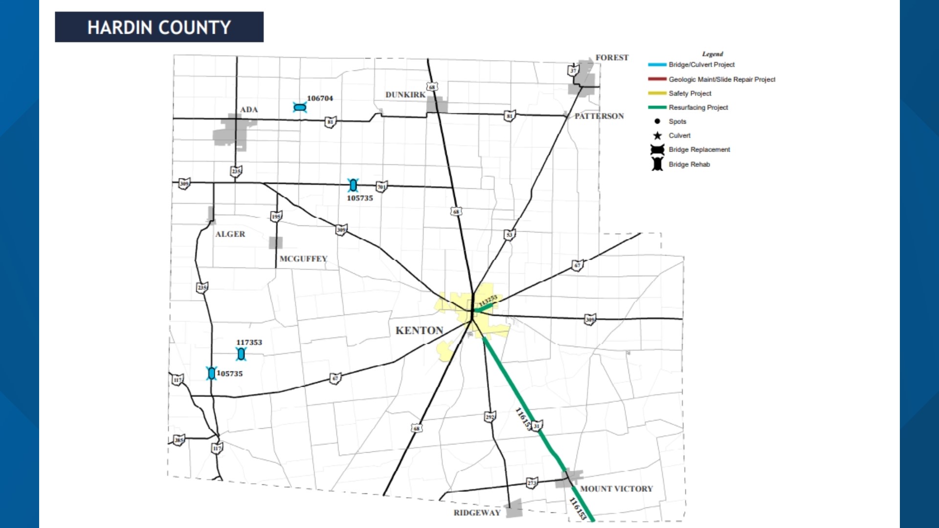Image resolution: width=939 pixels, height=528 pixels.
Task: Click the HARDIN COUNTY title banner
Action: tap(159, 27)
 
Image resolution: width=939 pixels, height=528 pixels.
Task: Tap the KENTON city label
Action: tap(419, 330)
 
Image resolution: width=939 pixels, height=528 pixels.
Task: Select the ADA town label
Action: tap(249, 110)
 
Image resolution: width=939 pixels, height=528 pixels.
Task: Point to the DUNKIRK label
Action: tap(405, 95)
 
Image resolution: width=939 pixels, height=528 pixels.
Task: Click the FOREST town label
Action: tap(612, 58)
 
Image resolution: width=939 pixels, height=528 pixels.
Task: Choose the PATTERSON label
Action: tap(599, 116)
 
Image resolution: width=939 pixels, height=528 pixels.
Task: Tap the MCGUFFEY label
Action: tap(303, 259)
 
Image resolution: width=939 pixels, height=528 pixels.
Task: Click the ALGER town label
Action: tap(230, 234)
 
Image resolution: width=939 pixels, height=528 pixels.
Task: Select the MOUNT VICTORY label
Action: tap(616, 489)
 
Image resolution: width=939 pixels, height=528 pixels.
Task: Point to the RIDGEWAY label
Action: tap(477, 513)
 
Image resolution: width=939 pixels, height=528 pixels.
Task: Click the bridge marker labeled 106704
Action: tap(300, 108)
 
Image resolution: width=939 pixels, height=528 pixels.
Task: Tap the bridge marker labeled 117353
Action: tap(241, 354)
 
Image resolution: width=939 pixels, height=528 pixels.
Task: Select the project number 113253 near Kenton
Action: tap(488, 301)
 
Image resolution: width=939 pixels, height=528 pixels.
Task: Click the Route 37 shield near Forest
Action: tap(573, 70)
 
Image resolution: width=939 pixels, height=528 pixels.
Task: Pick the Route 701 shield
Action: tap(381, 187)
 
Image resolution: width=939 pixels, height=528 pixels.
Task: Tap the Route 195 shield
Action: tap(276, 217)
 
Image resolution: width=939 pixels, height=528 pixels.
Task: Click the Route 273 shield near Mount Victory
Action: tap(532, 483)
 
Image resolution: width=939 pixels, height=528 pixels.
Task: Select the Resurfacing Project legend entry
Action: tap(698, 108)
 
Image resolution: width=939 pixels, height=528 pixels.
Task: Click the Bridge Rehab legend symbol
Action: tap(657, 164)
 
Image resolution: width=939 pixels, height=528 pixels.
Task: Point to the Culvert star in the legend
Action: tap(657, 136)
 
